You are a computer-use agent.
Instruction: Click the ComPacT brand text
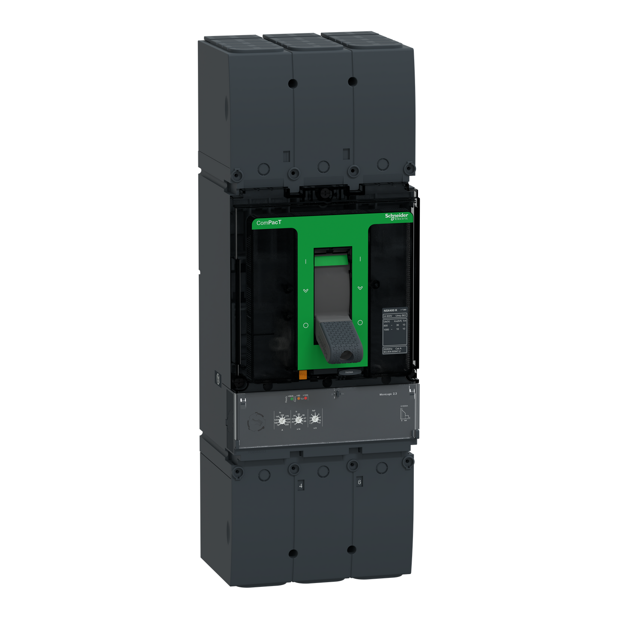[x=269, y=223]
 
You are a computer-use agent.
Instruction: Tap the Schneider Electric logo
[x=396, y=217]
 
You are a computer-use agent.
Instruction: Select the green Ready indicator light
[x=292, y=399]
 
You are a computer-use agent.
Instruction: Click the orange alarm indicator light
[x=298, y=398]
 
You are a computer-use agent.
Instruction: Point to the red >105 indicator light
[x=306, y=398]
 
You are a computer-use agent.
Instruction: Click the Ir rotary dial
[x=299, y=418]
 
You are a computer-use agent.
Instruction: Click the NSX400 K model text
[x=390, y=310]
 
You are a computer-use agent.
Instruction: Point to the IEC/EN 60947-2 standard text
[x=392, y=352]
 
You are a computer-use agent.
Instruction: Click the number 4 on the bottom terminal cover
[x=301, y=485]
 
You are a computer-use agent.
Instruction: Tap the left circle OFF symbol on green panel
[x=306, y=326]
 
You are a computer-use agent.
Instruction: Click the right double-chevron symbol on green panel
[x=360, y=288]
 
